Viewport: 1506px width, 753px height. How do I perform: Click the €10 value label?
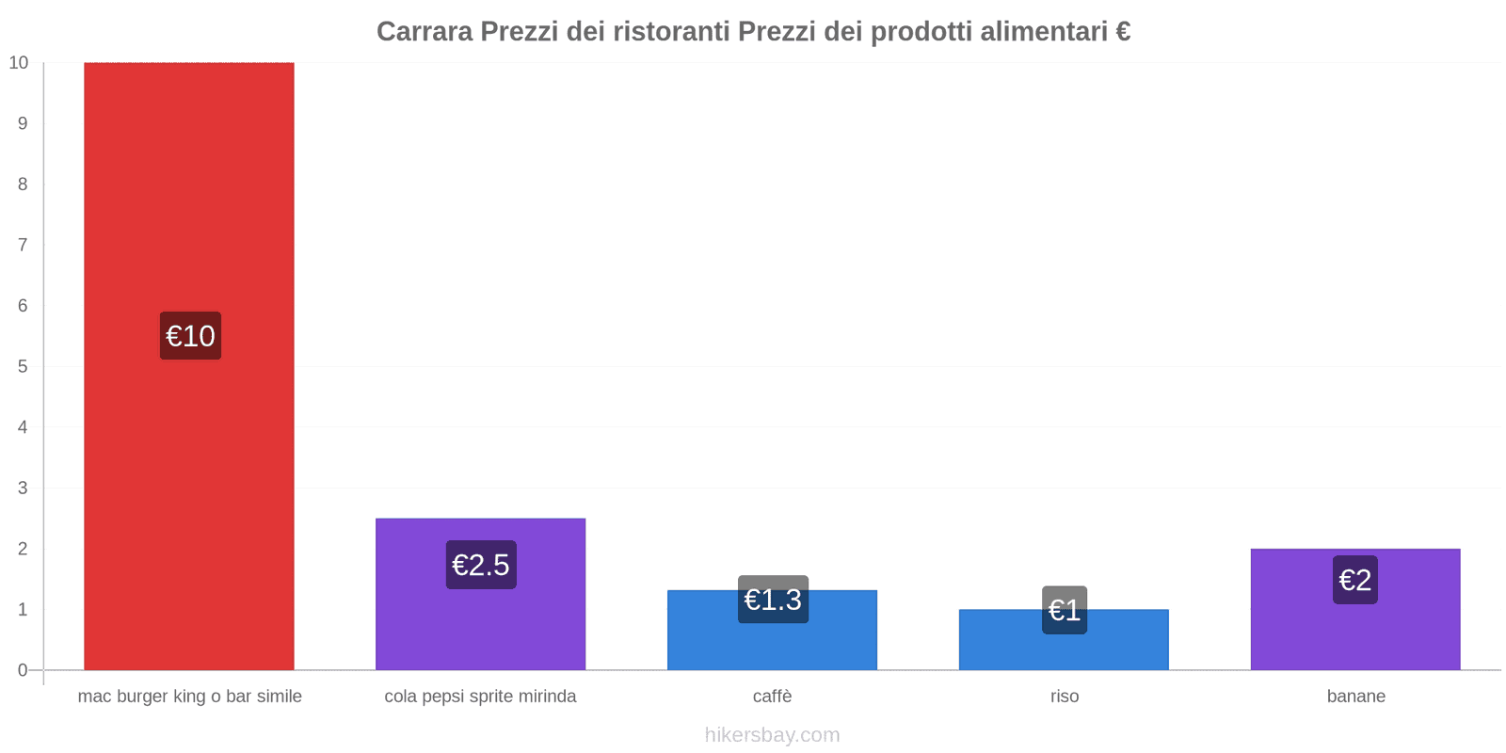(190, 336)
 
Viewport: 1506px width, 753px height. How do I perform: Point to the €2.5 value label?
(481, 565)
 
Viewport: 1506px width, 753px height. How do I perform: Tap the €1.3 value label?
(773, 600)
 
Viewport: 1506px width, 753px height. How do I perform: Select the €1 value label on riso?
(1065, 610)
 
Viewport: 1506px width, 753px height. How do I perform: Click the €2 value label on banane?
(1355, 580)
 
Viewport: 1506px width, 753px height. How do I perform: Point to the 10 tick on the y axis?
(19, 63)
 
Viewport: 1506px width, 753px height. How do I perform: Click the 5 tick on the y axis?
(23, 366)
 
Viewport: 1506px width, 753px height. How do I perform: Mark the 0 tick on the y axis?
(23, 670)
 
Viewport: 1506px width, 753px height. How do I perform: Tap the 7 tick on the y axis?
(23, 245)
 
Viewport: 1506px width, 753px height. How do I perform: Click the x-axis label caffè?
(772, 697)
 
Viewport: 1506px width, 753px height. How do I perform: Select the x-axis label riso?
(1065, 697)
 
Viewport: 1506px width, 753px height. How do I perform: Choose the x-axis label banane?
(1355, 697)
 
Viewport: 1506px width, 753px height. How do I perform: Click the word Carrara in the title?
(425, 32)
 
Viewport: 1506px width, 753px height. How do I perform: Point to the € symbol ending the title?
(1123, 32)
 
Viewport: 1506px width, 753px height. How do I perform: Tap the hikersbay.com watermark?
(772, 735)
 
